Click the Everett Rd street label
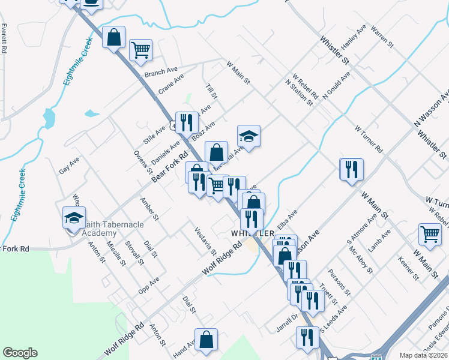coord(4,39)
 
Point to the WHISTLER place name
coord(253,233)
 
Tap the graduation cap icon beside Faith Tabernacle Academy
coord(74,217)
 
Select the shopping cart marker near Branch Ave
coord(140,50)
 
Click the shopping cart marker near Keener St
coord(430,235)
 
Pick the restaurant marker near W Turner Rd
coord(351,169)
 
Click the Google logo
coord(20,353)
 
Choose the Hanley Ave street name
coord(353,38)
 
